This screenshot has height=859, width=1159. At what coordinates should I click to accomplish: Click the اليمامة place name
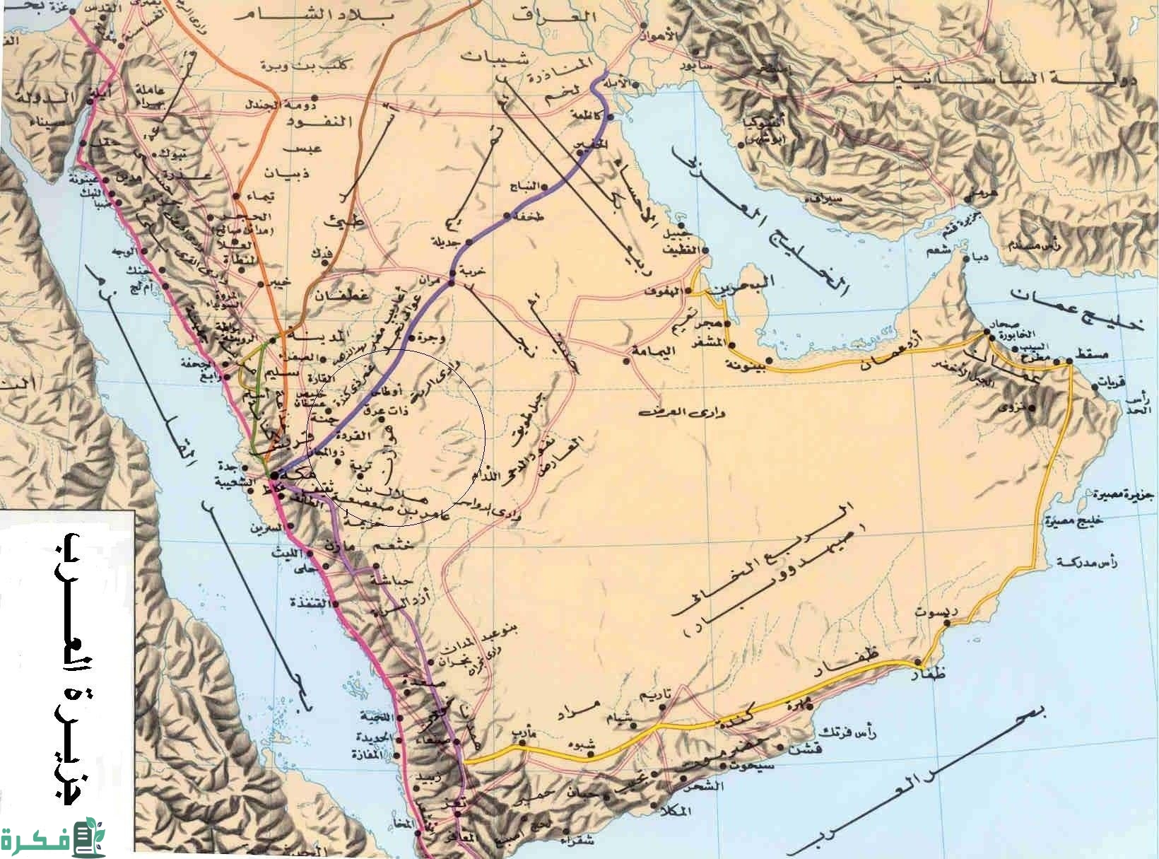coord(653,351)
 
